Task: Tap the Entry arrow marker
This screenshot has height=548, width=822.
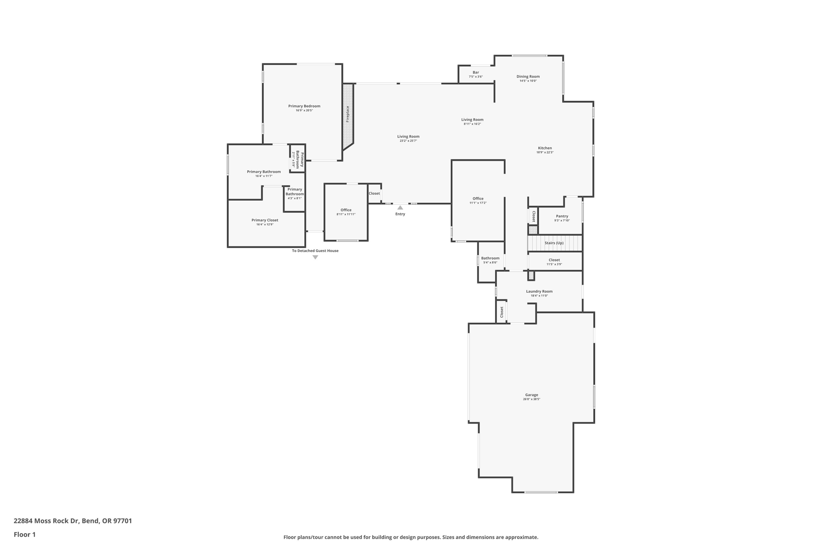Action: pyautogui.click(x=400, y=208)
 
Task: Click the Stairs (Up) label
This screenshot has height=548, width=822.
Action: pyautogui.click(x=554, y=243)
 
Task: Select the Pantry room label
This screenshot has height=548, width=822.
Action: pyautogui.click(x=562, y=216)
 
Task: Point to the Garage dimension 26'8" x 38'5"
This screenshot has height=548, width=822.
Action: pyautogui.click(x=531, y=399)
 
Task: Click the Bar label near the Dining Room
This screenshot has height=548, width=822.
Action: pyautogui.click(x=476, y=72)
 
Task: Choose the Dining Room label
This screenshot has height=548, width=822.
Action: pyautogui.click(x=528, y=76)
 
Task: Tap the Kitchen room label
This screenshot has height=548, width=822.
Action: pyautogui.click(x=545, y=148)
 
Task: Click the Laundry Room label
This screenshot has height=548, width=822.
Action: pyautogui.click(x=539, y=291)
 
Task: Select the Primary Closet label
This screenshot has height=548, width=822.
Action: pyautogui.click(x=265, y=220)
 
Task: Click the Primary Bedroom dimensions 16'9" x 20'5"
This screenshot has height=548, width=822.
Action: pyautogui.click(x=304, y=110)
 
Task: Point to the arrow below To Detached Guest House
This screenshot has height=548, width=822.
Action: pyautogui.click(x=315, y=257)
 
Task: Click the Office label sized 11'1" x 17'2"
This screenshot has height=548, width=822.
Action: pyautogui.click(x=478, y=198)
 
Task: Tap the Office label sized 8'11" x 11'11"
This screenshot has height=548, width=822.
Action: pyautogui.click(x=346, y=210)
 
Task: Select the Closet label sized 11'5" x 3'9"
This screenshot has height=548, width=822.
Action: pyautogui.click(x=554, y=260)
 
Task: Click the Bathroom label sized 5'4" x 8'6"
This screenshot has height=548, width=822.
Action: pyautogui.click(x=490, y=258)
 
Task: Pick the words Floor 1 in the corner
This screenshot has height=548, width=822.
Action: pyautogui.click(x=24, y=534)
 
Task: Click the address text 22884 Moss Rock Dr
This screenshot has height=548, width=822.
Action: pyautogui.click(x=46, y=521)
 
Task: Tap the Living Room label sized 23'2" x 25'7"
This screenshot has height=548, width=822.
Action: pyautogui.click(x=408, y=136)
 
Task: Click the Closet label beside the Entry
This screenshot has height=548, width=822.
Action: pyautogui.click(x=374, y=194)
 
